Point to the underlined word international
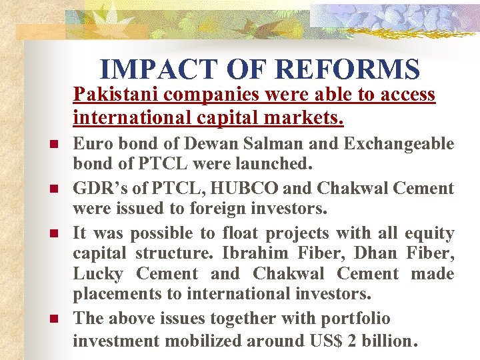tap(125, 119)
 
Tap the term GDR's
tap(97, 189)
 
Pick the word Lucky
tap(98, 274)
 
